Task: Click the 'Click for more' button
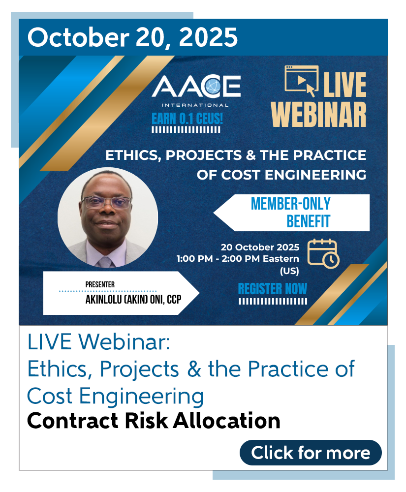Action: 311,453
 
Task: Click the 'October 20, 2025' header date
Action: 132,37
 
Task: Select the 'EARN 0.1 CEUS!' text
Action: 187,119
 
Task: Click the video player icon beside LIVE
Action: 302,80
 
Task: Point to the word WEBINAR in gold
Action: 319,115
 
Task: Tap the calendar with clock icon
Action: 323,253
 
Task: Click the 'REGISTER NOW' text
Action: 272,289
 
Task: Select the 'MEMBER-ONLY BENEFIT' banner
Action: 291,213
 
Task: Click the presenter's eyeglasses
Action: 107,202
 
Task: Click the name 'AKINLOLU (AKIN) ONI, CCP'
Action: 133,300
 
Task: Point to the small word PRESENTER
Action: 100,284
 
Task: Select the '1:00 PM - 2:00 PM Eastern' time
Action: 238,259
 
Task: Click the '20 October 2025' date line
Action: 260,247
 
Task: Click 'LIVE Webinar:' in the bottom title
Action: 98,342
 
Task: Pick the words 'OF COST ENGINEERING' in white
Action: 281,175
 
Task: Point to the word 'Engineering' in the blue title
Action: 141,397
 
